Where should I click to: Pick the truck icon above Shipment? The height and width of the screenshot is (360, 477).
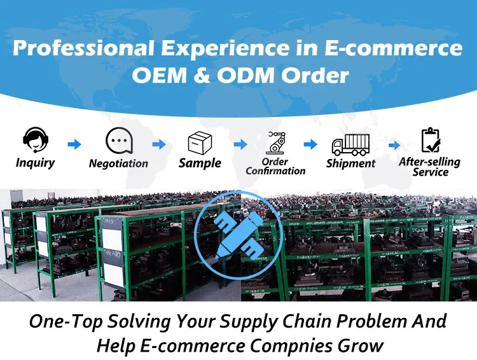pyautogui.click(x=350, y=144)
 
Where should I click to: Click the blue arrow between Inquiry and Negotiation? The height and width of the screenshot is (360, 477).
pyautogui.click(x=74, y=144)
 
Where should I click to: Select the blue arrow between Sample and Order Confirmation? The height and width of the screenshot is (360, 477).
pyautogui.click(x=240, y=144)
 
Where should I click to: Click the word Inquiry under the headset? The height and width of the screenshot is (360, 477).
pyautogui.click(x=35, y=163)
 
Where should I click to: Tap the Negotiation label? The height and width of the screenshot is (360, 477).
pyautogui.click(x=118, y=163)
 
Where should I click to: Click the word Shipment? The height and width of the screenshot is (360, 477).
pyautogui.click(x=350, y=163)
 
